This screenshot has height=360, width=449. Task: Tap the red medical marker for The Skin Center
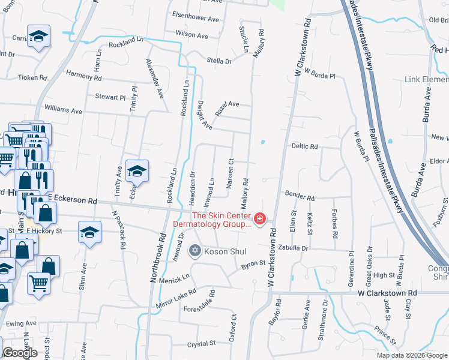point(260,220)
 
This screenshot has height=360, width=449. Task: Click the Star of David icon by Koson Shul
point(194,250)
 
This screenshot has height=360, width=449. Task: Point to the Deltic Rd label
point(304,146)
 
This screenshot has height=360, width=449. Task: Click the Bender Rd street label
point(300,197)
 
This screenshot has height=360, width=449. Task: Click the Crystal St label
point(201,344)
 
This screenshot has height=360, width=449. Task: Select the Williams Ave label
point(63,111)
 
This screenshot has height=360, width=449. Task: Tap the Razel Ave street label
point(227,107)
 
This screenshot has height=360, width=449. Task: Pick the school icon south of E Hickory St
point(90,231)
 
